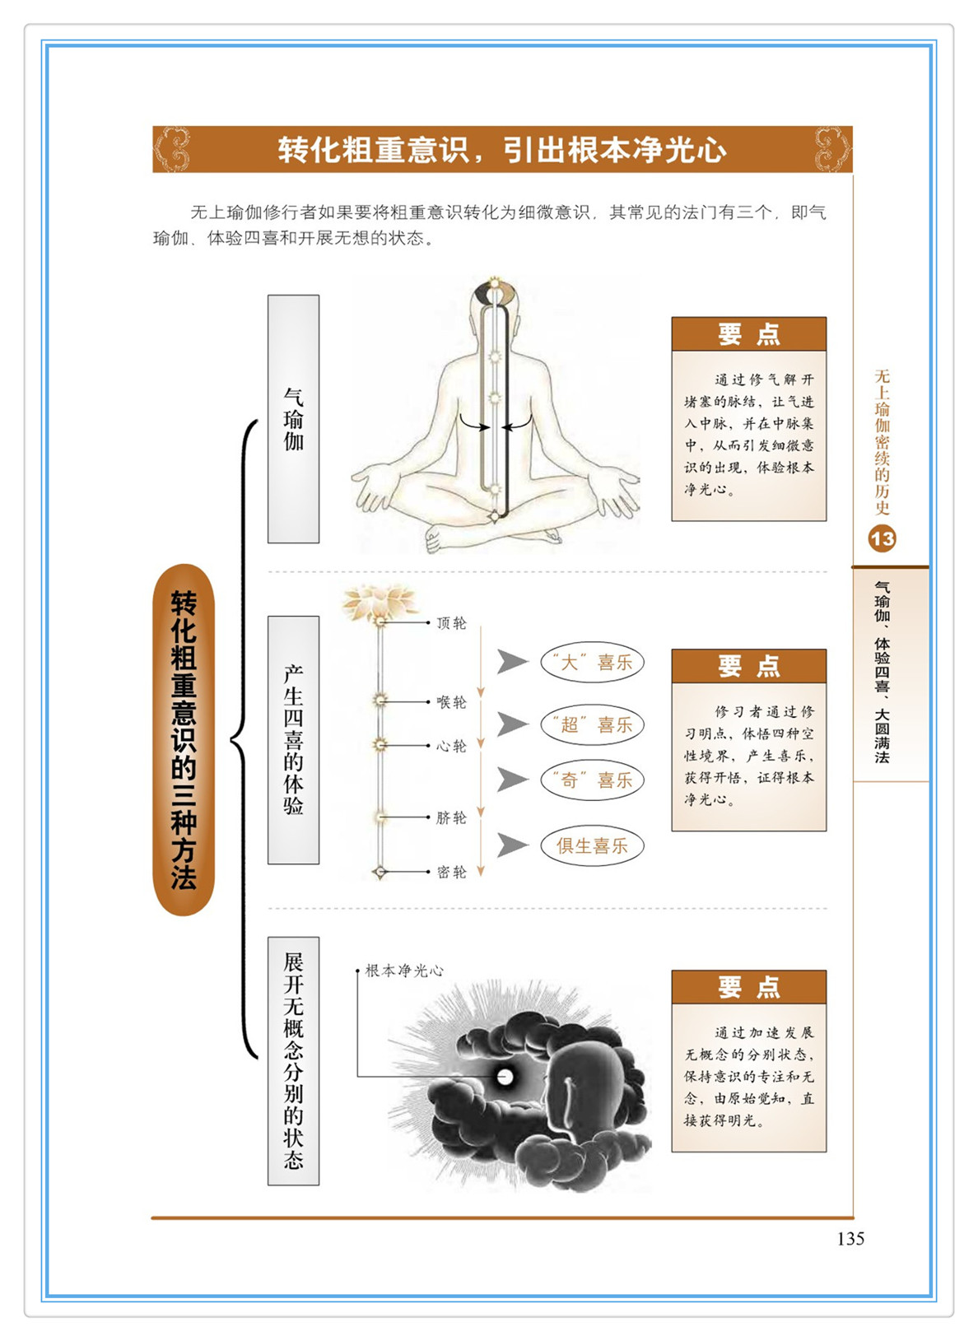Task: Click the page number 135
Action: (850, 1238)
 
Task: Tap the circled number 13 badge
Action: (882, 539)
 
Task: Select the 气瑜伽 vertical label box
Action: (293, 419)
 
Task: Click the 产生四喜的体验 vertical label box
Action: (293, 740)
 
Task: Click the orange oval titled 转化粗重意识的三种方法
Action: (184, 740)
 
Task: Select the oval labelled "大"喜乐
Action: (592, 662)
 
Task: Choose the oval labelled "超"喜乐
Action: (592, 724)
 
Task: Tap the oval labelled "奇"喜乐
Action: (592, 780)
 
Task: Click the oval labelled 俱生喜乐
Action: (592, 846)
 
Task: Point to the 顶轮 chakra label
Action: (451, 623)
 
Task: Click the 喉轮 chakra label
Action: (451, 701)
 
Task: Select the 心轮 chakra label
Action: (451, 746)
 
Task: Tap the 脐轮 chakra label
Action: (451, 817)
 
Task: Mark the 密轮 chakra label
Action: (451, 872)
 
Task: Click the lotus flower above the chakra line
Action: (380, 603)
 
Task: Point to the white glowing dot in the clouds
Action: (505, 1078)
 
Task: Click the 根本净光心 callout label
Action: (404, 971)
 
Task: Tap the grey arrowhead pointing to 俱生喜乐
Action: (512, 845)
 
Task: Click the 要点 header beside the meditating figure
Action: (749, 334)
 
